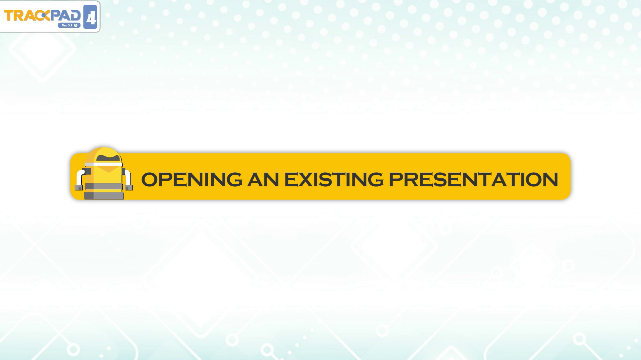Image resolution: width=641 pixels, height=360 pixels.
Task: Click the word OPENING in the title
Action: coord(192,179)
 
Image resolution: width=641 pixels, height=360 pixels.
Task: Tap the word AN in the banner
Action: coord(263,179)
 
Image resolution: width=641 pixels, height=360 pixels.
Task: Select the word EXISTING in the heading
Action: coord(334,179)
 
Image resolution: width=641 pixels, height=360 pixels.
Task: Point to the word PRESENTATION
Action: coord(473,179)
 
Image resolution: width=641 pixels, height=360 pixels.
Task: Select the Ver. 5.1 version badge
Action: coord(69,25)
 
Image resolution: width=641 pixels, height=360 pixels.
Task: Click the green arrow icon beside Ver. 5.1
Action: coord(76,25)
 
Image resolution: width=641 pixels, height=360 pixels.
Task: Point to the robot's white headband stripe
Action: coord(103,164)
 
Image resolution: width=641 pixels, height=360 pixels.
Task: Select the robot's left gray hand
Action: coord(79,187)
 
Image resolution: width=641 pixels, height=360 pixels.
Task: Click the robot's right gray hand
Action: coord(129,187)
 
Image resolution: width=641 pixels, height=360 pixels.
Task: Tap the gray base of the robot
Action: coord(104,196)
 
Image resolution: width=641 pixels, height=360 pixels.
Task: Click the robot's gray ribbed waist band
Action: coord(104,186)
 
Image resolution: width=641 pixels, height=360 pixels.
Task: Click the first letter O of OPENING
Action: coord(149,179)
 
